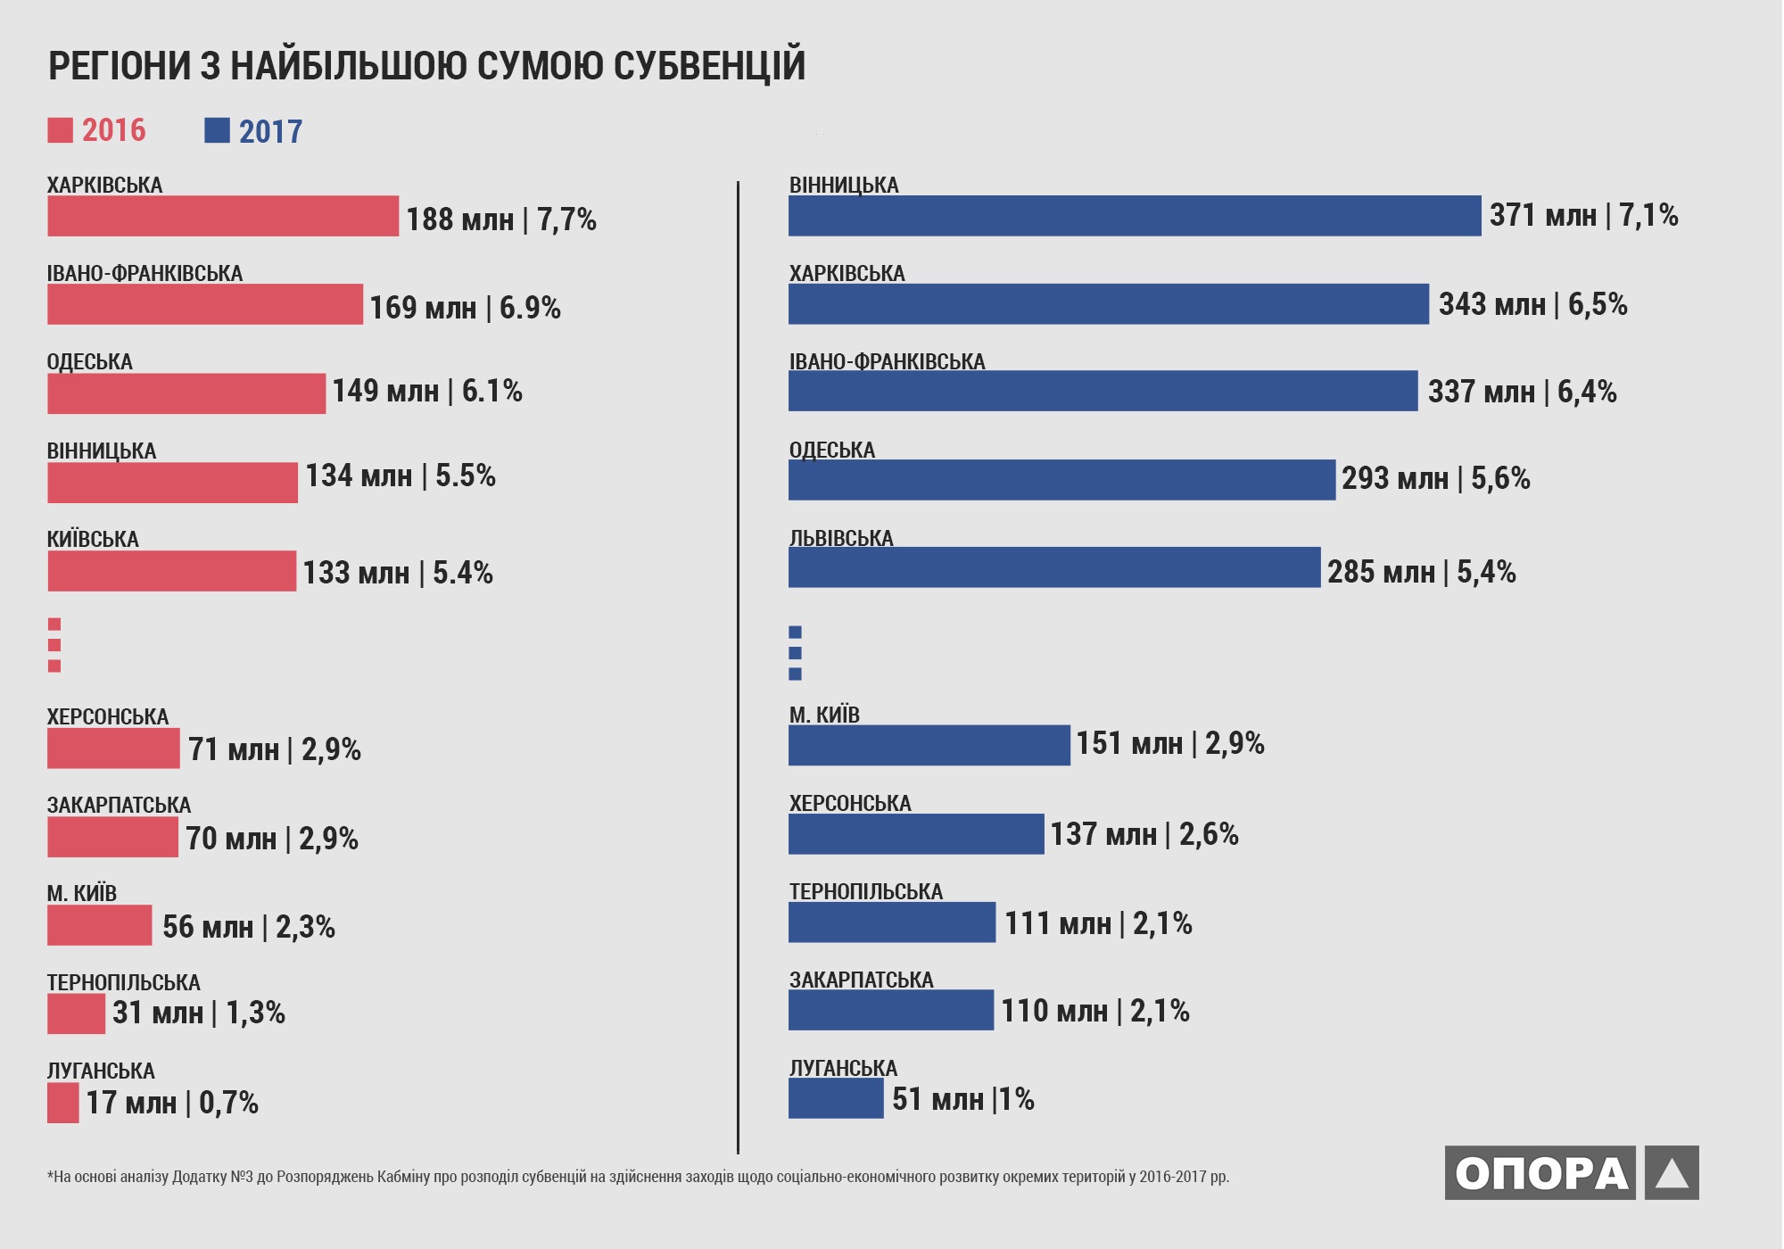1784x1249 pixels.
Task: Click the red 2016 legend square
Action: point(60,130)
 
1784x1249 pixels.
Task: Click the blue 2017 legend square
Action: point(217,130)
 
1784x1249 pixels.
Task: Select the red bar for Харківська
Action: point(223,216)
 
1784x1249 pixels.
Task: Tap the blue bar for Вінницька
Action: point(1134,216)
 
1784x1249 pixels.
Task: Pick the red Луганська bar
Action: point(62,1103)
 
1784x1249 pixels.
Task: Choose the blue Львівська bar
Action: point(1053,567)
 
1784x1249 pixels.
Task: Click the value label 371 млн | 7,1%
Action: point(1583,216)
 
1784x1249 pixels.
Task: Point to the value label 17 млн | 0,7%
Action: point(172,1103)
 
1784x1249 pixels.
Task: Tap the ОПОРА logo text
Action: point(1540,1172)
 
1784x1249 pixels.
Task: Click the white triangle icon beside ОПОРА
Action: point(1672,1173)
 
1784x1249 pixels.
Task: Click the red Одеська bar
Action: point(186,393)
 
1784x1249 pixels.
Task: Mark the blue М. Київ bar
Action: point(929,745)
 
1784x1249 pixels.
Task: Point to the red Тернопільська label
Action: point(123,982)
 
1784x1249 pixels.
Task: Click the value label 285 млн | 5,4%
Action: point(1421,572)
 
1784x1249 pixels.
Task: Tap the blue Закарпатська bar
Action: point(890,1010)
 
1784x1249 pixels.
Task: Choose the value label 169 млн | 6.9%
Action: point(465,308)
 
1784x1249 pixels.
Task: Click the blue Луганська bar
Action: point(835,1098)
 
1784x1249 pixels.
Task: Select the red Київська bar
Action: point(171,571)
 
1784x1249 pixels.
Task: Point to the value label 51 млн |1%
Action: point(962,1099)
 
